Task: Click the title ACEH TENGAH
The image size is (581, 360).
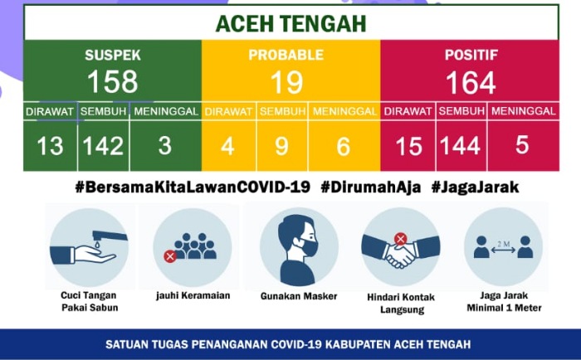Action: (290, 24)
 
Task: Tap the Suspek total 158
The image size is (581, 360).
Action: (113, 81)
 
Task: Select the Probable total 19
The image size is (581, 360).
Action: (286, 82)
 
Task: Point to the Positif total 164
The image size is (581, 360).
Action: (471, 83)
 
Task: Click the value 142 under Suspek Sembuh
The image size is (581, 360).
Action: (103, 145)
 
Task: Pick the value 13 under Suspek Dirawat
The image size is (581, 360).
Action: (50, 146)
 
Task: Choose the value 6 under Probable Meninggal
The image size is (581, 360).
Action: (344, 146)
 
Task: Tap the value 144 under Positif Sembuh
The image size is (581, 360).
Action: (460, 145)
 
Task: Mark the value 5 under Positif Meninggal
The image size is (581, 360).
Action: (522, 144)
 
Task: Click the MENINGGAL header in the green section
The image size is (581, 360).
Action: (166, 111)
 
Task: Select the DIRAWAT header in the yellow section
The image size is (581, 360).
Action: (228, 112)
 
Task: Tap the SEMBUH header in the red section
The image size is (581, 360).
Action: (461, 111)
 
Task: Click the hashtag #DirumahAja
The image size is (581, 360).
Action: (370, 187)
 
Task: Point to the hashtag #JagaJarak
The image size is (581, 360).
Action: (475, 187)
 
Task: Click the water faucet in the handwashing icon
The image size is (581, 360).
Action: (110, 236)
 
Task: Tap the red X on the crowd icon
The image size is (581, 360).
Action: (170, 256)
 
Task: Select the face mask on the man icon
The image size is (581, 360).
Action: (310, 247)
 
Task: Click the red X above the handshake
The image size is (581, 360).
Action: (400, 239)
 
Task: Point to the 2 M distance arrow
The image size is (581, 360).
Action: (503, 250)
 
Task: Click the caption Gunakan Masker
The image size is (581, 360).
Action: (299, 296)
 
